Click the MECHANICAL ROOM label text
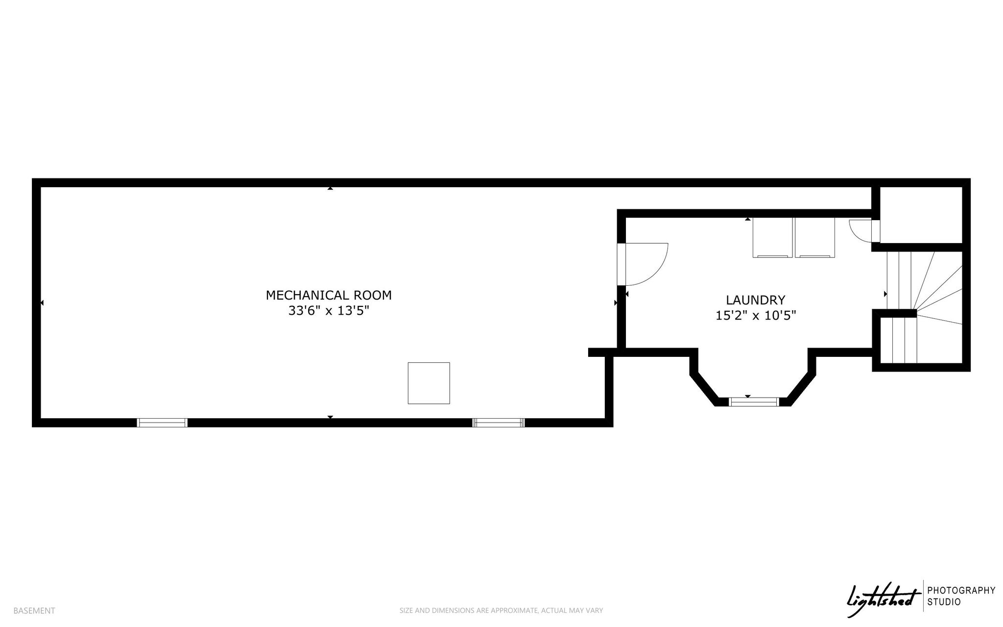click(x=329, y=295)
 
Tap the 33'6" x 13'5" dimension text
click(x=329, y=311)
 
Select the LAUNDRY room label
click(x=755, y=300)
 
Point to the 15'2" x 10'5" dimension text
click(x=756, y=316)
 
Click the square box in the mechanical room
click(x=429, y=383)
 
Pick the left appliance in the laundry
click(x=772, y=238)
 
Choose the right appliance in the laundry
click(x=814, y=238)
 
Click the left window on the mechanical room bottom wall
click(x=162, y=423)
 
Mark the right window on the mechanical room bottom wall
click(x=499, y=423)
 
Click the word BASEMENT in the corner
click(x=34, y=611)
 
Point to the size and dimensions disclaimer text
click(x=501, y=611)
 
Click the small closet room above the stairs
click(x=921, y=214)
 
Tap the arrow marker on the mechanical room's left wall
click(x=42, y=303)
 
